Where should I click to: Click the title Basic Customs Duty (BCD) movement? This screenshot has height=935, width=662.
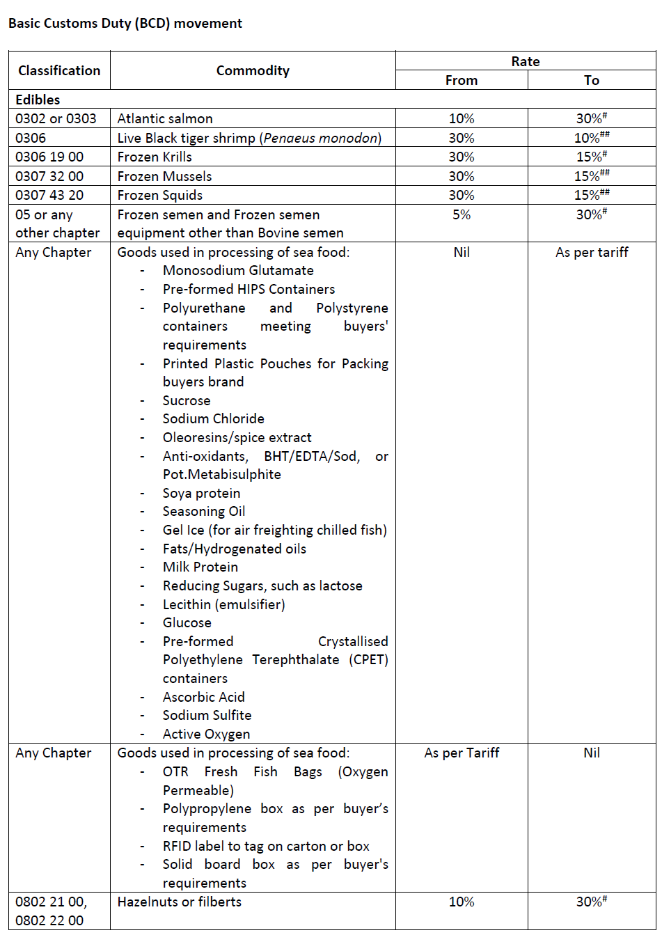(x=125, y=23)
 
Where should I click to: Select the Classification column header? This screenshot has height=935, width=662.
(x=59, y=70)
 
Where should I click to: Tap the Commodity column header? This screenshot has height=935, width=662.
(x=253, y=70)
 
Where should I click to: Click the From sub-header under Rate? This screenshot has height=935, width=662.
(x=462, y=80)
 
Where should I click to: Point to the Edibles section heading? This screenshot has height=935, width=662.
(x=38, y=100)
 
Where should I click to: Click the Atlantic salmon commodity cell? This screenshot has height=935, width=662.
(x=165, y=119)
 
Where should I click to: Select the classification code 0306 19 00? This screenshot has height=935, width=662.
(x=49, y=157)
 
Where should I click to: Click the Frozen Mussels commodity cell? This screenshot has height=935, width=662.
(x=164, y=176)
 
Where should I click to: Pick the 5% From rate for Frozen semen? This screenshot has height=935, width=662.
(x=462, y=215)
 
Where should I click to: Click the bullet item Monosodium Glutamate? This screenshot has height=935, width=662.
(x=238, y=270)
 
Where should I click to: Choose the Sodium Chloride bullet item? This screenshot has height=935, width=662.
(x=213, y=418)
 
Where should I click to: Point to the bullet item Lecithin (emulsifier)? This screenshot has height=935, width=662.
(x=223, y=604)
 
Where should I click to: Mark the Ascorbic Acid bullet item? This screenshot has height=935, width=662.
(x=203, y=697)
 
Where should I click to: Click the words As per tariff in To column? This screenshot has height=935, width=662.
(x=592, y=252)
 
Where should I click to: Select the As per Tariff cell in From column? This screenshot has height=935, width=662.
(x=462, y=753)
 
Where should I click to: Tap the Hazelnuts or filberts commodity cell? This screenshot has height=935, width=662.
(x=179, y=902)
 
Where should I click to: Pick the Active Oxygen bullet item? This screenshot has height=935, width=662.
(x=206, y=734)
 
